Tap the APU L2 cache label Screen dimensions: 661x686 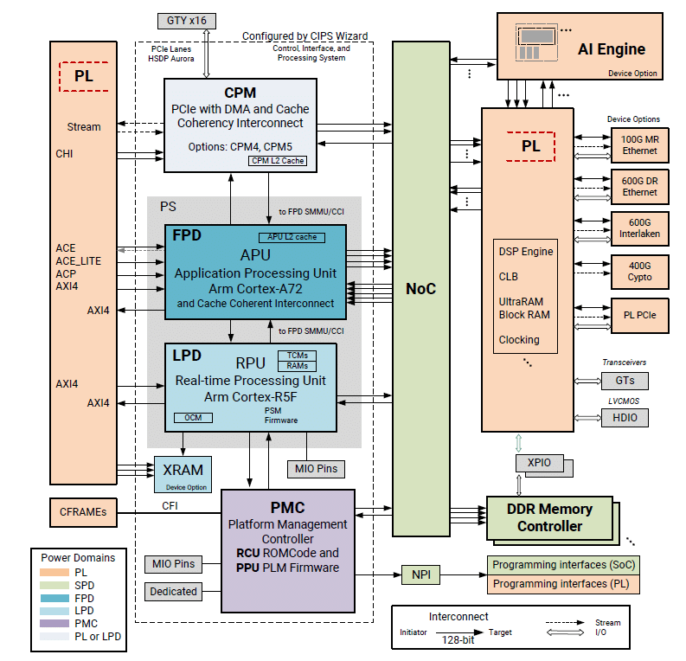pos(292,237)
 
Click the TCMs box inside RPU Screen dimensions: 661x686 pos(298,356)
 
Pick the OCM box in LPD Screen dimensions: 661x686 pos(191,418)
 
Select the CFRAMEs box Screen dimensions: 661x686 pos(84,511)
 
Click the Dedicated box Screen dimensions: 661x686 pos(172,592)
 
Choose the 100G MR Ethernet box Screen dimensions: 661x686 pos(639,145)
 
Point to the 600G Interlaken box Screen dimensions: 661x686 pos(639,226)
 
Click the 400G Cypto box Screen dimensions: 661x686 pos(639,272)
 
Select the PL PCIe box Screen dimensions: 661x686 pos(639,315)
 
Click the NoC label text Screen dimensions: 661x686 pos(421,289)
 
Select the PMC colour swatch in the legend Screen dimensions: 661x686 pos(55,623)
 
